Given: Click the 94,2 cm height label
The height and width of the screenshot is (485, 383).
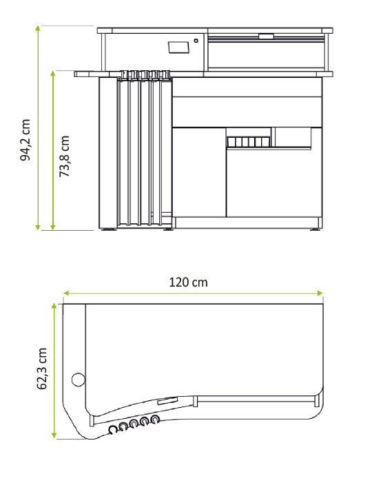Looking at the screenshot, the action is (x=25, y=140).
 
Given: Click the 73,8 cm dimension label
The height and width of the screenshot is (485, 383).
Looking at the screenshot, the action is (x=64, y=156).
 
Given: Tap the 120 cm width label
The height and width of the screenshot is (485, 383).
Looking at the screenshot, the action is (x=188, y=282).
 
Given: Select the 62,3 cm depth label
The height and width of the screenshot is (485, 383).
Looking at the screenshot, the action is (x=41, y=369).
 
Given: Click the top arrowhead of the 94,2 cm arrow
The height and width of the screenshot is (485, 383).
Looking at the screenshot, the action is (x=38, y=28).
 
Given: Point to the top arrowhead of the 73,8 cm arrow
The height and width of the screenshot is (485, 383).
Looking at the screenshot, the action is (x=53, y=73).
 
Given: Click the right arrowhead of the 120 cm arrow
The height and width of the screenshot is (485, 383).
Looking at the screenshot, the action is (x=320, y=293).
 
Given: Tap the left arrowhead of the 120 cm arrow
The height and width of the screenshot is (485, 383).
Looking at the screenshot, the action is (x=66, y=293).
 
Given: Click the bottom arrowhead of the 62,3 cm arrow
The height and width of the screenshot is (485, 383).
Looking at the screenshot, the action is (x=54, y=435).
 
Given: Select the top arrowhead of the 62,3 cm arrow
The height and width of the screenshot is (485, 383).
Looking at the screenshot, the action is (x=54, y=306).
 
